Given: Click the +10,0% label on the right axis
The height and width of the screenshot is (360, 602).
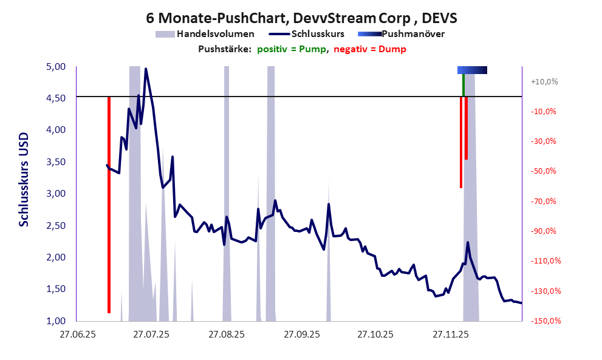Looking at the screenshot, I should (544, 81).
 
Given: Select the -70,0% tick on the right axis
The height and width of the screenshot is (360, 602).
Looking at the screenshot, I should (545, 201).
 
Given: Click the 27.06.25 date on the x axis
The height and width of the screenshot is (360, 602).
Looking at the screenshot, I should (77, 334).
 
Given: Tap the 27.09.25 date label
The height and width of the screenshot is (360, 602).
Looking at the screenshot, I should (299, 334).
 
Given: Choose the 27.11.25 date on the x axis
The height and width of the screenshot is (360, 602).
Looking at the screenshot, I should (449, 334).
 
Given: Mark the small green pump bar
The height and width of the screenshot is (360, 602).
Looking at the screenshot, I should (463, 85).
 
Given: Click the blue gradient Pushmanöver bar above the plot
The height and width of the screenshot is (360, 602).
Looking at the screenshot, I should (472, 70).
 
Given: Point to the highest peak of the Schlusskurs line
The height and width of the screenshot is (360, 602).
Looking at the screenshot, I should (146, 69).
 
